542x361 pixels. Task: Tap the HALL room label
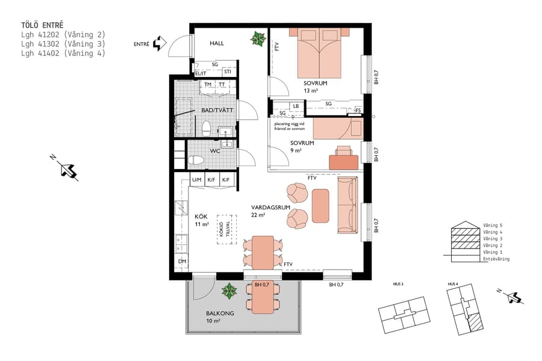point(217,44)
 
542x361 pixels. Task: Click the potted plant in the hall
point(258,40)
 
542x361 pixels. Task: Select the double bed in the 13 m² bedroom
point(316,54)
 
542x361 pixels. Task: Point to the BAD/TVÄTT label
point(217,110)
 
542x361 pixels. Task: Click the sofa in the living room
point(346,205)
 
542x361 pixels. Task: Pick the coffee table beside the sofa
point(320,205)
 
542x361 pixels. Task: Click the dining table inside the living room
point(263,252)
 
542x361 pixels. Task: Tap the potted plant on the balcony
point(229,292)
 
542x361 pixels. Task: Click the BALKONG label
point(220,313)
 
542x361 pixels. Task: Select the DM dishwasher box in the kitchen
point(182,262)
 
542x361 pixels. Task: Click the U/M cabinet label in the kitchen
point(197,180)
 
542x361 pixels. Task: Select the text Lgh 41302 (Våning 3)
point(63,44)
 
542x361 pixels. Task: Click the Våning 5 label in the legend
point(493,225)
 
